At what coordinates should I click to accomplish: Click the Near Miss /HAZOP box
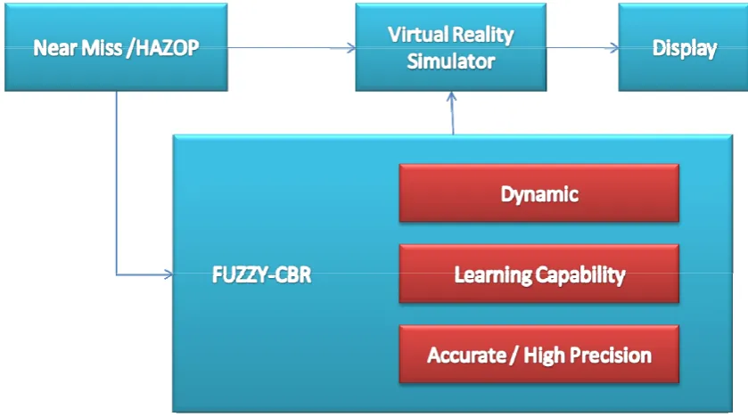pos(116,47)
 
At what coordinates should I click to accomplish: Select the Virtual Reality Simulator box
pos(451,47)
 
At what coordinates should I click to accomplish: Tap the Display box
pos(683,47)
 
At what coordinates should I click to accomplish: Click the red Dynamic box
pos(539,193)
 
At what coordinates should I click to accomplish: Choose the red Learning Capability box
pos(539,274)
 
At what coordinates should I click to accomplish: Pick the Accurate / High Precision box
pos(539,354)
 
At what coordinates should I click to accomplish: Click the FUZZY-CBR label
pos(261,275)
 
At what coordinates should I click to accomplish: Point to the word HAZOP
pos(168,47)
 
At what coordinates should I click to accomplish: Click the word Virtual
pos(418,35)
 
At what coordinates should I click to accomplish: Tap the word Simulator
pos(451,61)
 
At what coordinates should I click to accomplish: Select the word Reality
pos(482,36)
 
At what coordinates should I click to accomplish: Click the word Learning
pos(492,275)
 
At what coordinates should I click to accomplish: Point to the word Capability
pos(580,275)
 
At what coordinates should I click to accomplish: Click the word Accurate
pos(466,355)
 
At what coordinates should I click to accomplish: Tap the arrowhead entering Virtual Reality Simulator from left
pos(351,47)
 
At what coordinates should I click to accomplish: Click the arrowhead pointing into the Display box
pos(614,47)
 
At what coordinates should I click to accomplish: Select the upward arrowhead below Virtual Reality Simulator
pos(451,96)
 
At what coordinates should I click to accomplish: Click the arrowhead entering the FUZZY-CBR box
pos(168,274)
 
